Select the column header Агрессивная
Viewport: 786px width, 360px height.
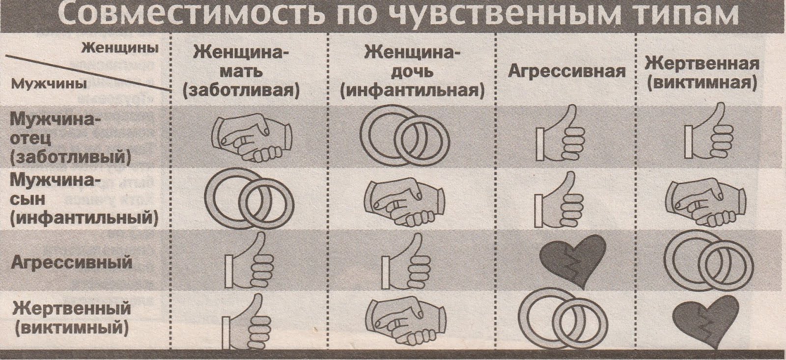[x=566, y=72]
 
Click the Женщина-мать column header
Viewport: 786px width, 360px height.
[x=241, y=72]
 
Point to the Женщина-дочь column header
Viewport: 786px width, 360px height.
[x=412, y=72]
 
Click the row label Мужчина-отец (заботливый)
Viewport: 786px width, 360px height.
[x=70, y=139]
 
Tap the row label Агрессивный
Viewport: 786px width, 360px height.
[x=72, y=262]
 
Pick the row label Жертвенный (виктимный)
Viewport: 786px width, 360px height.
[x=72, y=319]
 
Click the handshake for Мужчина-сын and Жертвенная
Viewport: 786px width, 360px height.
[x=705, y=202]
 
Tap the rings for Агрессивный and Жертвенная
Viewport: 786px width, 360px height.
[x=708, y=260]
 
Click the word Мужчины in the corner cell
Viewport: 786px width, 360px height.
[x=49, y=84]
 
